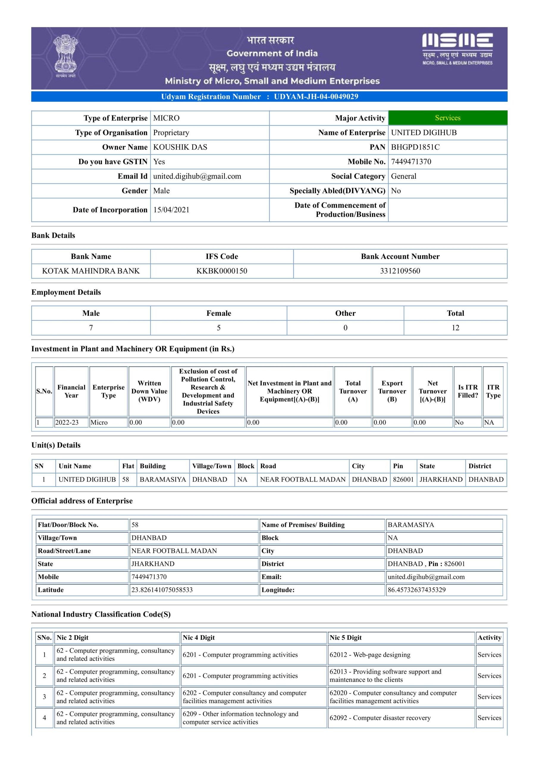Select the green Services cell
[448, 118]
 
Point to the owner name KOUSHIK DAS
[180, 147]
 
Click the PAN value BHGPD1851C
[415, 147]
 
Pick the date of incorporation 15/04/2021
[171, 210]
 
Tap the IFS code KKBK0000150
[222, 271]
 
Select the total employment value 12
[455, 328]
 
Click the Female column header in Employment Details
[219, 313]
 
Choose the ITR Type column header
[493, 391]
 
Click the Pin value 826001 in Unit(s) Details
[403, 479]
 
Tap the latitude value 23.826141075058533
[162, 590]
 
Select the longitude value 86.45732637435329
[417, 590]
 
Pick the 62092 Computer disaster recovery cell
[380, 718]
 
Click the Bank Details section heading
[53, 235]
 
